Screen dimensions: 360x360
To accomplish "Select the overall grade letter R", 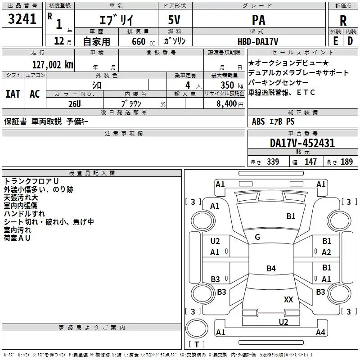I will coord(343,20).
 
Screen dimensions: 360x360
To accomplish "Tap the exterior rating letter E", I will coord(335,40).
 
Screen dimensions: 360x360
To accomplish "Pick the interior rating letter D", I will coord(350,40).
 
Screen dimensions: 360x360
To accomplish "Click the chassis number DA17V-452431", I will coord(302,143).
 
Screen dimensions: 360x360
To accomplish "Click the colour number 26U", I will coord(75,103).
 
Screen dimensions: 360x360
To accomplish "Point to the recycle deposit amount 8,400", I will coord(227,104).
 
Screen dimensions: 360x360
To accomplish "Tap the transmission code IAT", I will coord(13,94).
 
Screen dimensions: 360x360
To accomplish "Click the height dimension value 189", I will coord(346,162).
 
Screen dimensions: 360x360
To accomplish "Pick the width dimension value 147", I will coord(310,162).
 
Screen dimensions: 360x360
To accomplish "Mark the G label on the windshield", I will coord(257,237).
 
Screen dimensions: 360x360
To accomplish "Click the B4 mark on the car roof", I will coord(271,269).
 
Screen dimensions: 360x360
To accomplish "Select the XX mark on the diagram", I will coord(288,299).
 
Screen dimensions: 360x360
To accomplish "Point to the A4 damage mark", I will coord(320,333).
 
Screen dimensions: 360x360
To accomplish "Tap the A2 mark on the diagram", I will coord(327,252).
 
